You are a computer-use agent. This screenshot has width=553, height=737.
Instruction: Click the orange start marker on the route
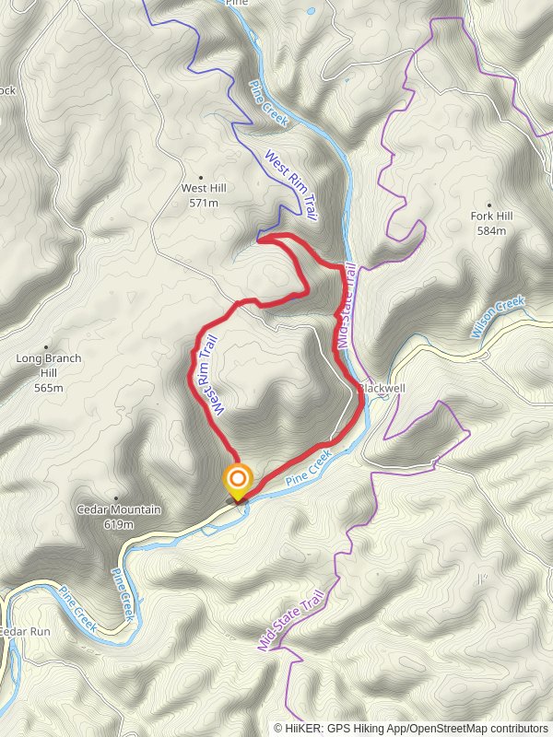coord(238,479)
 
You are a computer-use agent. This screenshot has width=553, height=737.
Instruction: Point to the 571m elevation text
coord(204,203)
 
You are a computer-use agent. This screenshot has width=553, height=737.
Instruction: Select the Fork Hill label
coord(491,216)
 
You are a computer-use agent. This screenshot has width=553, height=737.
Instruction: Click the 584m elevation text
coord(491,230)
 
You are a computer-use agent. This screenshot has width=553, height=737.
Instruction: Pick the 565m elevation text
coord(49,388)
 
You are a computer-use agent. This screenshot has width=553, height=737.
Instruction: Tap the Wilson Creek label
coord(498,316)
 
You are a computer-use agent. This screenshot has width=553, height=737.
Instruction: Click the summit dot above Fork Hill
coord(488,204)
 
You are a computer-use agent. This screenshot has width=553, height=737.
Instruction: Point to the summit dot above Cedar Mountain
coord(115,497)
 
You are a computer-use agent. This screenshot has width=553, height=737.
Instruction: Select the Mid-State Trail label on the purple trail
coord(292,624)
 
